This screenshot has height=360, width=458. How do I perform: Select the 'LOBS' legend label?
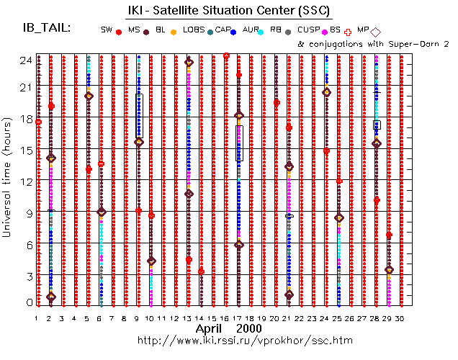193,30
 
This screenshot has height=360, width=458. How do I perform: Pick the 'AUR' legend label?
251,30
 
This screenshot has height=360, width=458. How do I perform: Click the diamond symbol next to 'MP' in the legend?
376,30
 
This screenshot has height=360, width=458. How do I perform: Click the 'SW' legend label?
106,30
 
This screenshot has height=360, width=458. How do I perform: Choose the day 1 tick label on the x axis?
36,318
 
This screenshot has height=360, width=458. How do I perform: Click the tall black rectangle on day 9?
139,115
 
